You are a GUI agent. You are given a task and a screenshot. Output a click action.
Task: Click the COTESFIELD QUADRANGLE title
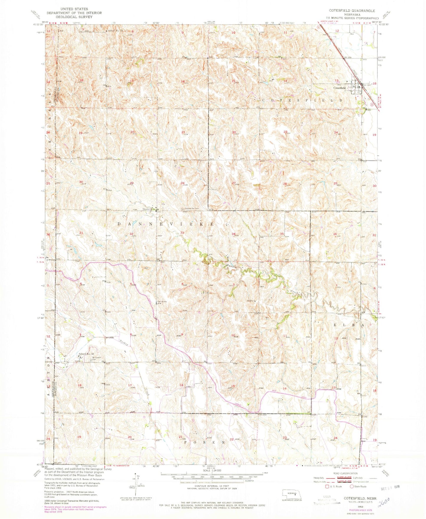click(352, 11)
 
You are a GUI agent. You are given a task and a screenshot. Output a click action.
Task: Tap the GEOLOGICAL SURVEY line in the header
click(74, 17)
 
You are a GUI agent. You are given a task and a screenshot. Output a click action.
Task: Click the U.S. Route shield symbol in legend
click(324, 487)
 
